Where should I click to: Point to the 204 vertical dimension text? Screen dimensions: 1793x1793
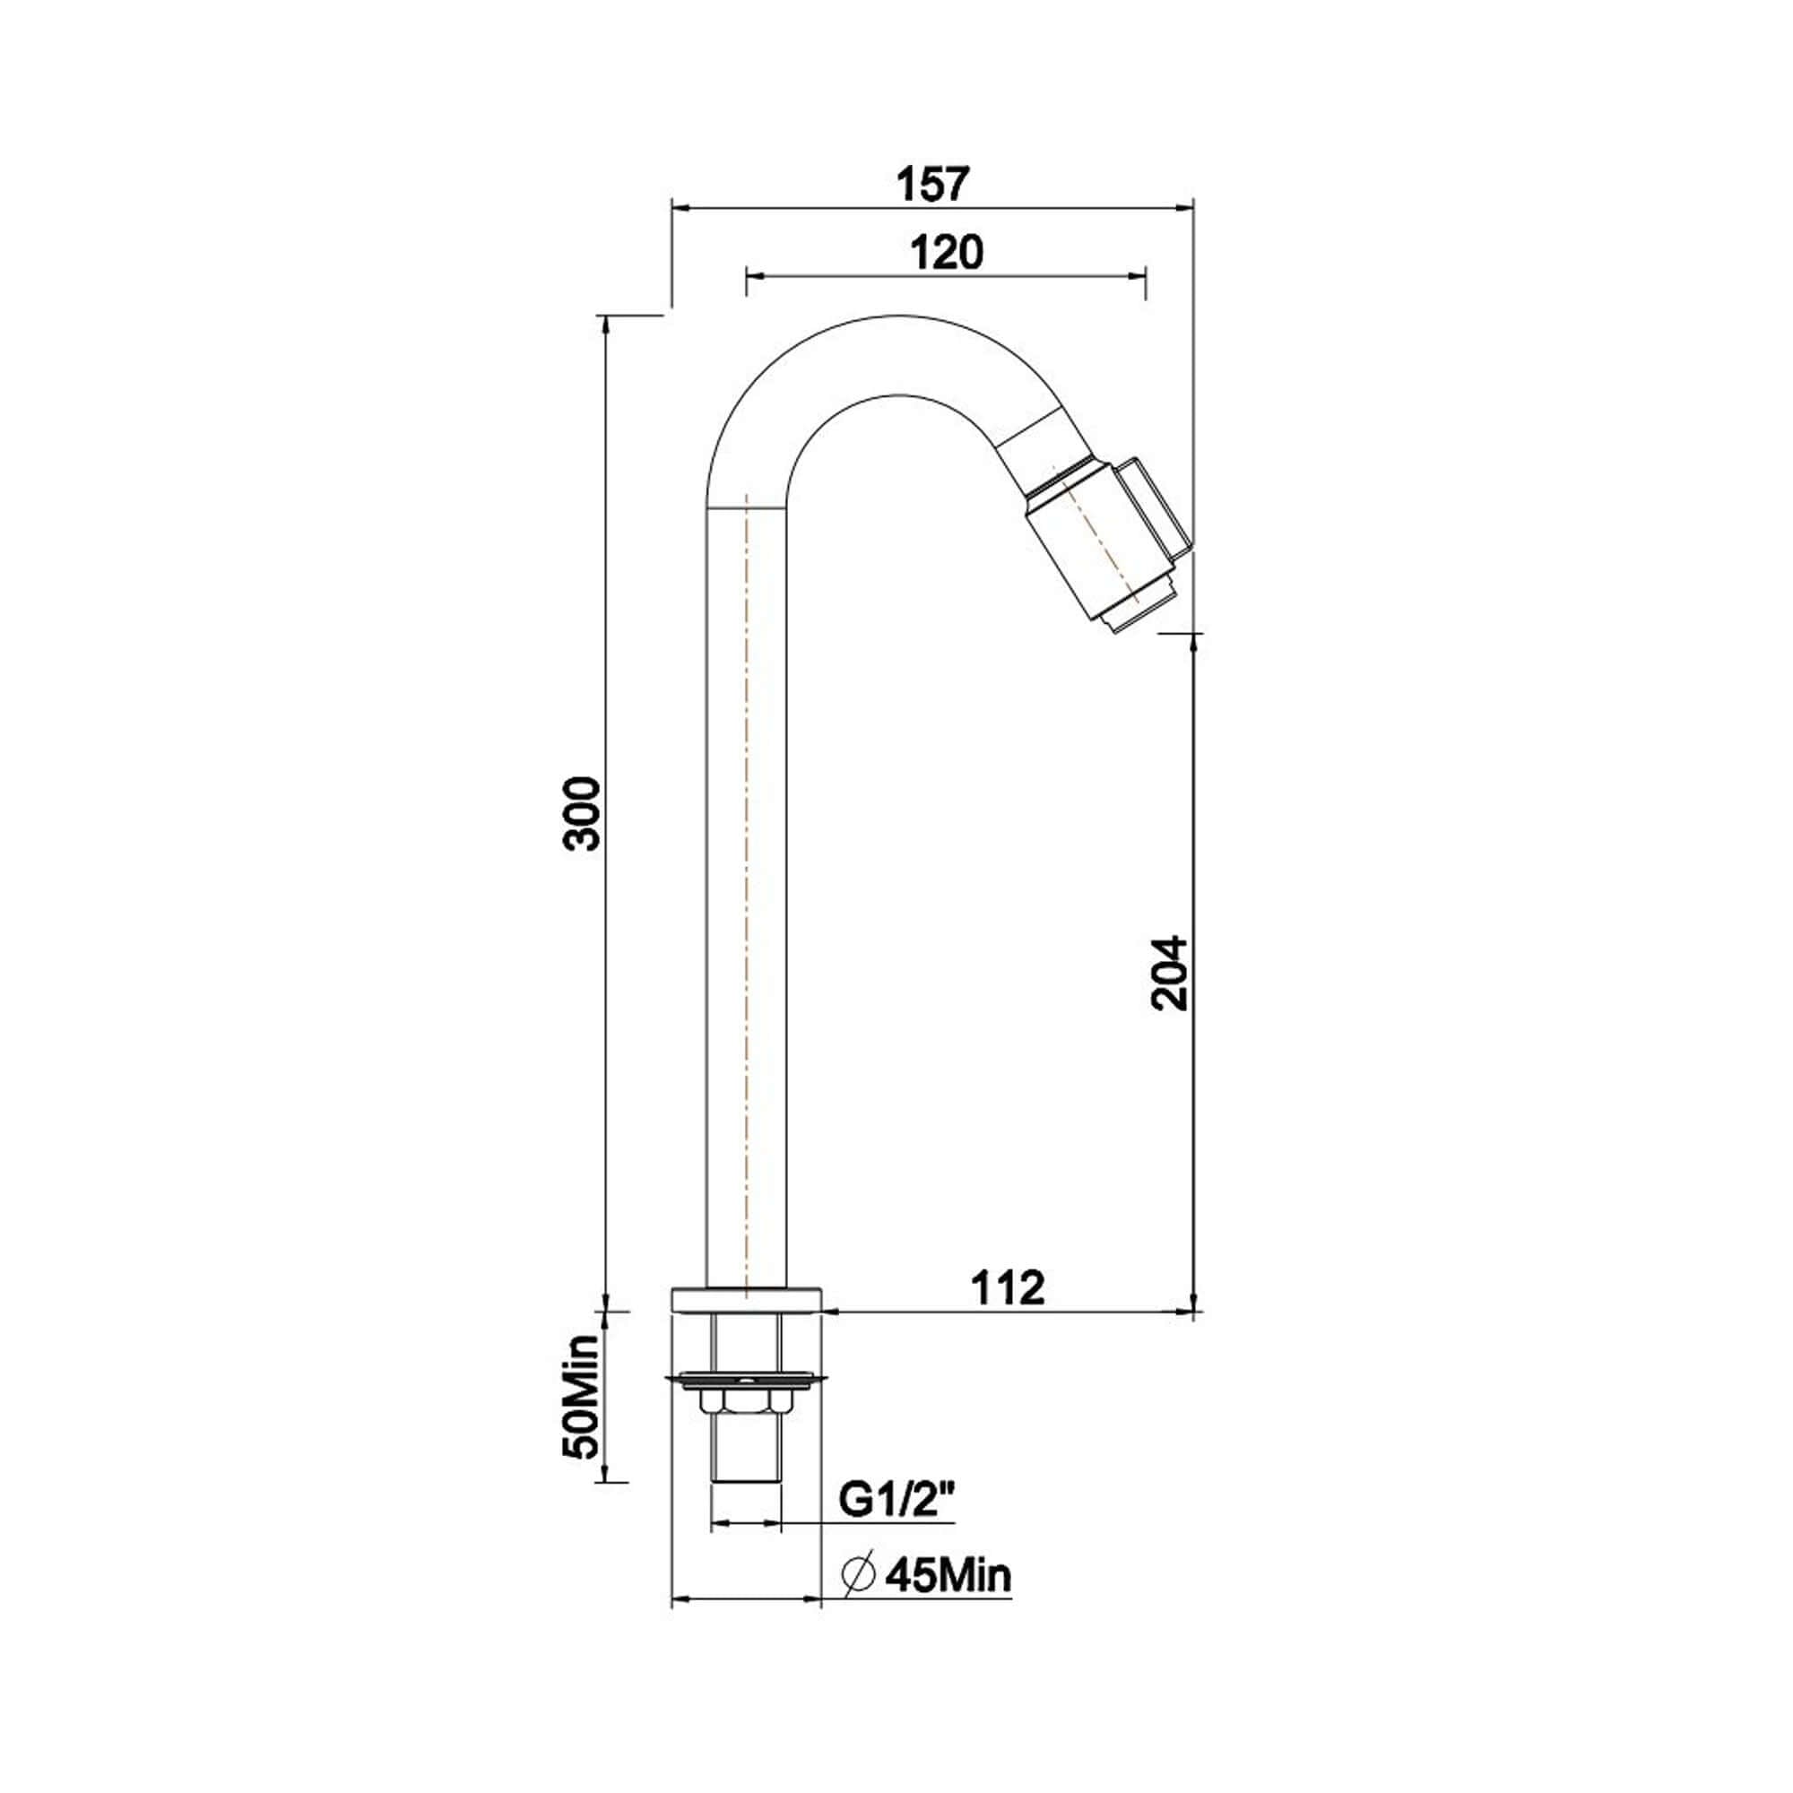coord(1168,973)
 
